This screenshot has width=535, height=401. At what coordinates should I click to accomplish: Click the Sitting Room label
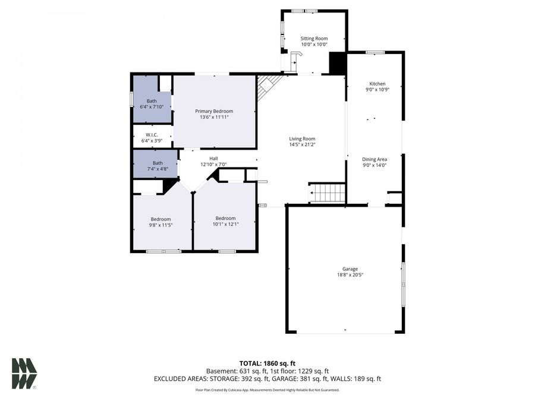tap(314, 39)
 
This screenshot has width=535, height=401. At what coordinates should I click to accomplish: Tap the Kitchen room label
tap(377, 84)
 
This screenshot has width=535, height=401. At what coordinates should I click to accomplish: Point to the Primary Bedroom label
tap(214, 111)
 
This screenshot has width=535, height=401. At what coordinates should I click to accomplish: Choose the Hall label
tap(213, 158)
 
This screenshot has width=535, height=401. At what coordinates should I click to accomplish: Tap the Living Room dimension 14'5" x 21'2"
tap(302, 144)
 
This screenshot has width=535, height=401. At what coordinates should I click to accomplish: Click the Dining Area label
tap(374, 159)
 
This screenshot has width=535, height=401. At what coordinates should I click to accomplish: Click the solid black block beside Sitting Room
tap(338, 64)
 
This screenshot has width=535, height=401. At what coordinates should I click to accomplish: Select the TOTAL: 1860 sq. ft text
tap(267, 362)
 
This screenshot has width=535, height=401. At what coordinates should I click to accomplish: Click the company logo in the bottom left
tap(24, 373)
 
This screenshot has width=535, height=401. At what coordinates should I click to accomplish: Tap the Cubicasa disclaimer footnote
tap(267, 390)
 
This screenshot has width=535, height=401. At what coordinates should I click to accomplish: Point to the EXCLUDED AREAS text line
tap(267, 378)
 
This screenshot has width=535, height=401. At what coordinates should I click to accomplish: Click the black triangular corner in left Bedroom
tap(170, 186)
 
